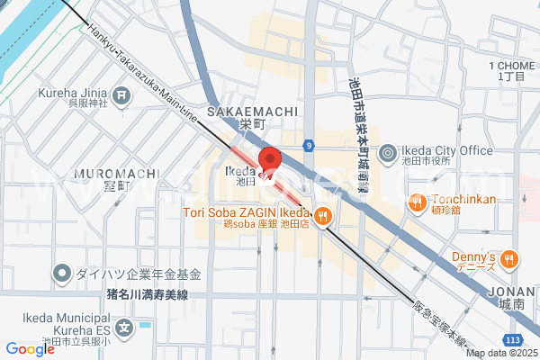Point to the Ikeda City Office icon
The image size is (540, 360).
coord(387,154)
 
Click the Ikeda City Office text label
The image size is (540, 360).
coord(445,149)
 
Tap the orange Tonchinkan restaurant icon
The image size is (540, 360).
coord(418,202)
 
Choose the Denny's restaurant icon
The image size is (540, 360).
coord(509,259)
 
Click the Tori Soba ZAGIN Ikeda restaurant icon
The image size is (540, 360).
coord(323,216)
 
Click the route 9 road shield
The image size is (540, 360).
coord(309,144)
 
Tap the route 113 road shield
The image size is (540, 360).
coord(512,338)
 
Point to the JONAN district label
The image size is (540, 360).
coord(512,292)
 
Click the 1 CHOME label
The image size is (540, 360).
coord(511,66)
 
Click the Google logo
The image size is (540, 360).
coord(30,349)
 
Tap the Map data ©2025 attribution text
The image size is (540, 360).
coord(499,353)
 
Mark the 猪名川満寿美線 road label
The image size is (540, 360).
coord(147,292)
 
